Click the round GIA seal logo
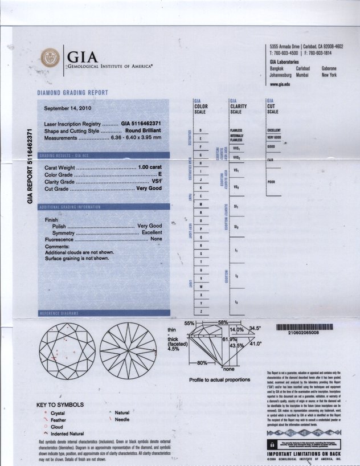click(x=50, y=58)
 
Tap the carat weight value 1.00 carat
click(x=150, y=167)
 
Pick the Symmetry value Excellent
click(x=152, y=233)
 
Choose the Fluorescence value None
click(x=156, y=240)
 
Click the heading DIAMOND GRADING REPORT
click(x=72, y=92)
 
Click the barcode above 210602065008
click(x=304, y=327)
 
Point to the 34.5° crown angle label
click(x=255, y=328)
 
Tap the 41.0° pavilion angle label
click(x=255, y=344)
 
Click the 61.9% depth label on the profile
click(x=230, y=339)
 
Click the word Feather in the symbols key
click(x=59, y=419)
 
